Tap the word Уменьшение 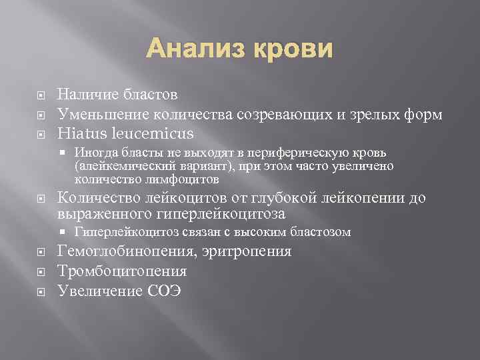pyautogui.click(x=105, y=115)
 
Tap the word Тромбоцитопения pyautogui.click(x=122, y=271)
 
